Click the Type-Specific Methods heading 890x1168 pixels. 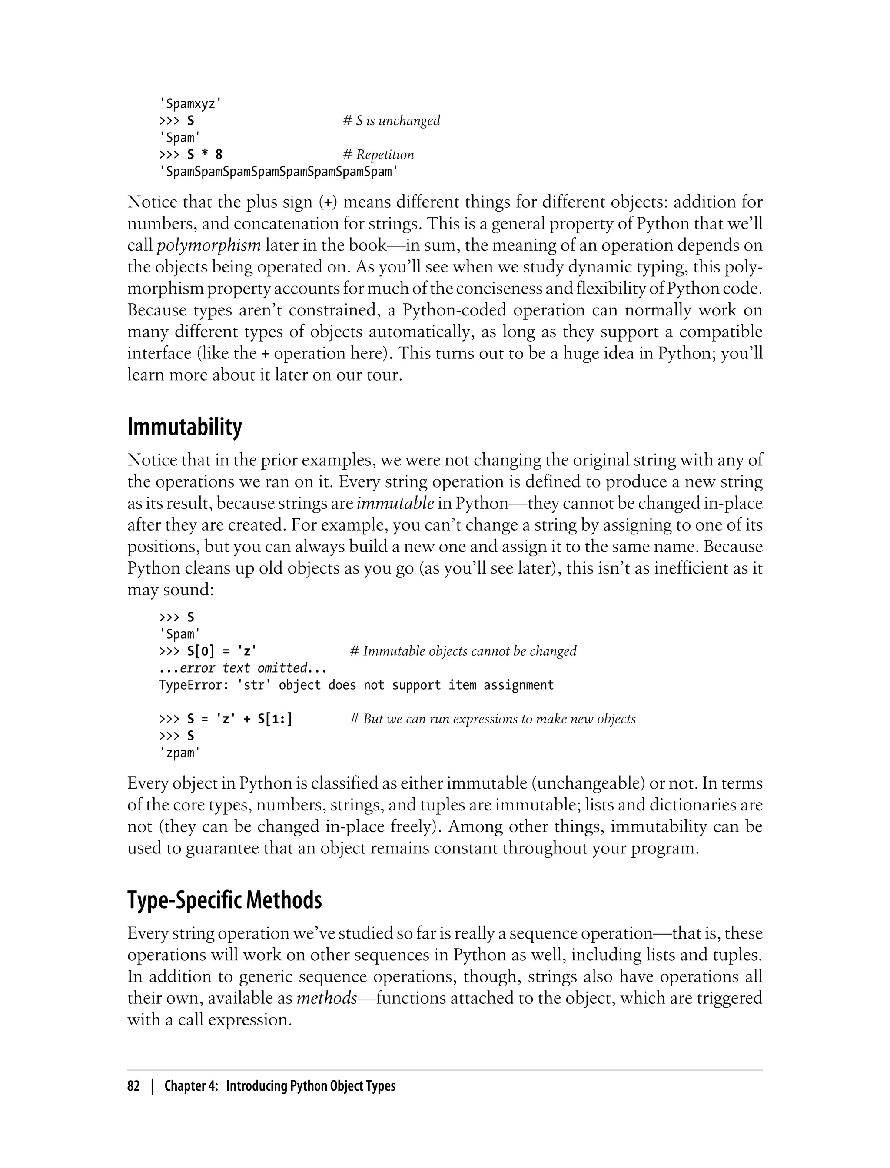coord(225,900)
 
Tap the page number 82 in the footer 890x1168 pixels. coord(133,1086)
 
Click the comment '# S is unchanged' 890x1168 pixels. coord(392,121)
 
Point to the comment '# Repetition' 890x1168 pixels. coord(378,155)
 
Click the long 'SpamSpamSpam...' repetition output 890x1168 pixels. coord(278,172)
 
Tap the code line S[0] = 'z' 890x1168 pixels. coord(222,651)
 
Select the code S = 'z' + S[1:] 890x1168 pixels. coord(239,719)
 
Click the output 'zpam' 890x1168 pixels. coord(179,753)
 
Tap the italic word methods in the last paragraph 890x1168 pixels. coord(326,998)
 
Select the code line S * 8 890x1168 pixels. coord(205,155)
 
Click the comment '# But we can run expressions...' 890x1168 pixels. coord(493,719)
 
